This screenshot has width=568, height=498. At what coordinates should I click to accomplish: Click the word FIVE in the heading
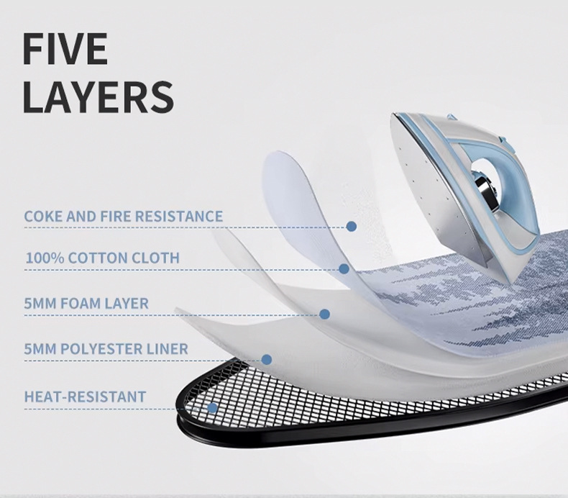point(65,48)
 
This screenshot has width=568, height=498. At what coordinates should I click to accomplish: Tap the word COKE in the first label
point(42,216)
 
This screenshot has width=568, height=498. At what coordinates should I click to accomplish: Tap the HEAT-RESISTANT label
point(85,397)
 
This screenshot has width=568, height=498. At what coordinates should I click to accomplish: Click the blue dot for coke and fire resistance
point(351,226)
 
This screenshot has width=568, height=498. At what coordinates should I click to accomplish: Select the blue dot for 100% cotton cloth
point(344,269)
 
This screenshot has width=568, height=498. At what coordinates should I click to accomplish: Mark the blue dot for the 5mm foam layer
point(324,314)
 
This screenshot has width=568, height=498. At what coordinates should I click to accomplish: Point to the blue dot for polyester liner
point(267,359)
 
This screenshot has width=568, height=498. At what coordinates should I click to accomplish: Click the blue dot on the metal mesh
point(212,408)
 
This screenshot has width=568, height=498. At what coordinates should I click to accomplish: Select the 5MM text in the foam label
point(36,303)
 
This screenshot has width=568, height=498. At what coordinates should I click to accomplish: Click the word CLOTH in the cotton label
point(155,258)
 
